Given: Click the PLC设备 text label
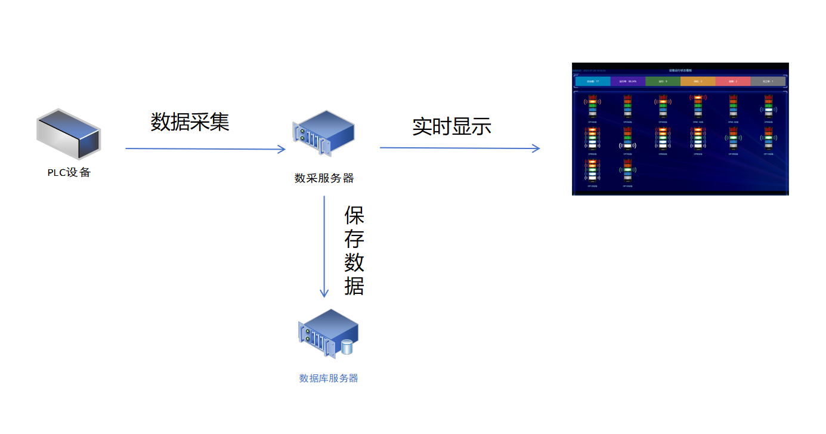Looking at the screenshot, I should point(69,173).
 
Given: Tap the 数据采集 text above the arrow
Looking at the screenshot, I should point(190,122).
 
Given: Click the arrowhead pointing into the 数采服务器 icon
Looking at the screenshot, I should point(283,149).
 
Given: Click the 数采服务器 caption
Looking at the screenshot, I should point(324,178).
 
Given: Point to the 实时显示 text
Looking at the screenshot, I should point(451,126).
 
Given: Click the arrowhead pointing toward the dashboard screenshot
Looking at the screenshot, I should point(536,148).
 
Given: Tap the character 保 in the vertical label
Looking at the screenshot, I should point(354,215).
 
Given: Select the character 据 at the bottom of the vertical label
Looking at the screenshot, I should point(354,286).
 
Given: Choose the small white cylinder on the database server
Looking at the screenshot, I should point(348,346).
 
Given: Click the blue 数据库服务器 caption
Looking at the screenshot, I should point(329,379).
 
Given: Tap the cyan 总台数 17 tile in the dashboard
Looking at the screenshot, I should point(592,81).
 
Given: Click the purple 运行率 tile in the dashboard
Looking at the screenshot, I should point(627,81).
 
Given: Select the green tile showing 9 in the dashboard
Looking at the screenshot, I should point(663,81).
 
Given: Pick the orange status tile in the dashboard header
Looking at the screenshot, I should point(698,81).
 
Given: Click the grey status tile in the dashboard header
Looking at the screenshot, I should point(768,81).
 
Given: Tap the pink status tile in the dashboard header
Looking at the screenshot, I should point(733,81).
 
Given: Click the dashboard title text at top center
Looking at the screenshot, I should point(680,70).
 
